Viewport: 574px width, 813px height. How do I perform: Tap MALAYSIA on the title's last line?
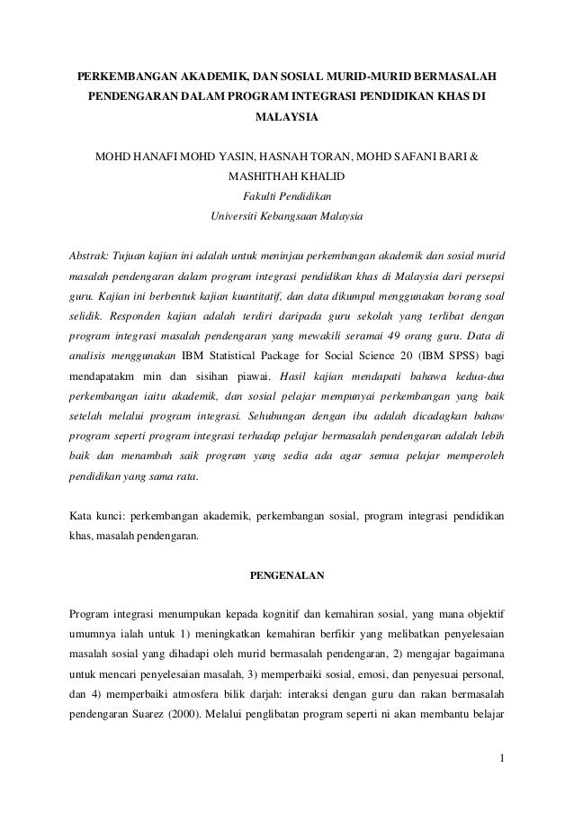pyautogui.click(x=287, y=117)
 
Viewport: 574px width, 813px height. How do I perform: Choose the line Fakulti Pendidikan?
pyautogui.click(x=287, y=196)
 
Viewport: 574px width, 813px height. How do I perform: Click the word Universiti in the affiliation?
pyautogui.click(x=234, y=216)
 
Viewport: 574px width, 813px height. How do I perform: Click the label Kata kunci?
pyautogui.click(x=96, y=517)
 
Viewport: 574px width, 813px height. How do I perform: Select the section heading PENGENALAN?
pyautogui.click(x=287, y=573)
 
